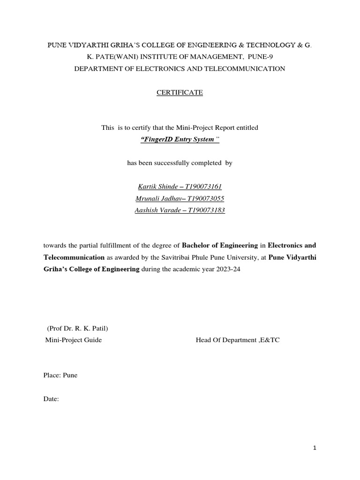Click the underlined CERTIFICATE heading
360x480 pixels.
(180, 93)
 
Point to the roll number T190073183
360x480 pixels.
(206, 210)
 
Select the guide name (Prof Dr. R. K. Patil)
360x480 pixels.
(78, 328)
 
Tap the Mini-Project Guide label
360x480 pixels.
(73, 340)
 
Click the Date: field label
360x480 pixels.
(51, 399)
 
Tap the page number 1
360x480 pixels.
(315, 448)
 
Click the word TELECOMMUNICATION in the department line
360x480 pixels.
(243, 69)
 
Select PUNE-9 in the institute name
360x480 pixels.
(240, 57)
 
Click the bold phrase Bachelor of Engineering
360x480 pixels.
(220, 245)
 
